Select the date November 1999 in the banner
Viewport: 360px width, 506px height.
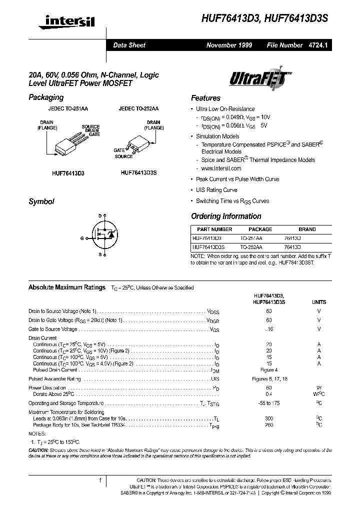(x=229, y=45)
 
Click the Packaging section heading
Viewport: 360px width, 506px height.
(x=46, y=97)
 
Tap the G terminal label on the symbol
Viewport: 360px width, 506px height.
(x=81, y=238)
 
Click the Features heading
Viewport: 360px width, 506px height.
(x=205, y=98)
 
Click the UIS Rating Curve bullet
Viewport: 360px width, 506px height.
(x=216, y=190)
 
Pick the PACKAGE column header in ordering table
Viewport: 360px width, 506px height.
(x=260, y=229)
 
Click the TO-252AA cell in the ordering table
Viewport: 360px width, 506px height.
(x=251, y=247)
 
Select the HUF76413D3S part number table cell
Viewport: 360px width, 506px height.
(x=208, y=247)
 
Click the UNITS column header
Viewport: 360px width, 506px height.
(x=318, y=302)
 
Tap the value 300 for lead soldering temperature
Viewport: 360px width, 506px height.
(x=269, y=418)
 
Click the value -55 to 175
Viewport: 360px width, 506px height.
(x=269, y=403)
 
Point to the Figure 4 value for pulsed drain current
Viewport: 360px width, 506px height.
(x=269, y=370)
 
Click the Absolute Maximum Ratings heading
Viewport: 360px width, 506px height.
(x=67, y=287)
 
